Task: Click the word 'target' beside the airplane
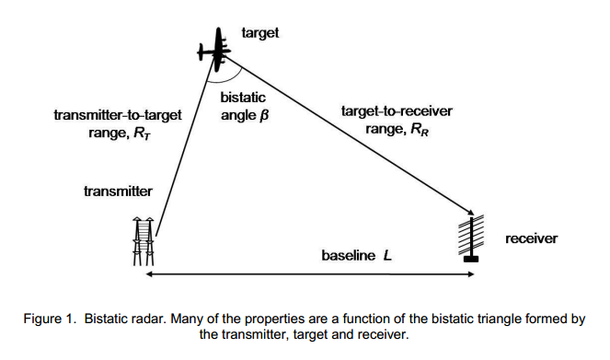[x=260, y=33]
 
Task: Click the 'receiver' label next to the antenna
[x=532, y=238]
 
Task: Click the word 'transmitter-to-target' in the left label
[x=118, y=115]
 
